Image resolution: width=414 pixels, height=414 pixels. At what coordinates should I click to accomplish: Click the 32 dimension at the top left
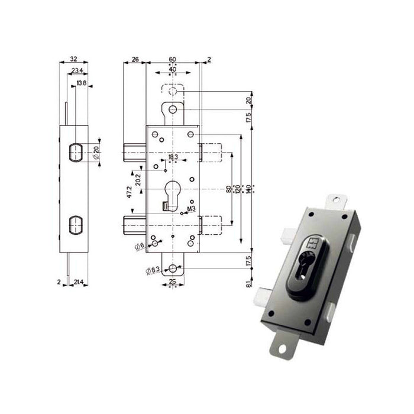coord(73,59)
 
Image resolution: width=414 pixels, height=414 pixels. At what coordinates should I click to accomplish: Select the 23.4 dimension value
coord(77,72)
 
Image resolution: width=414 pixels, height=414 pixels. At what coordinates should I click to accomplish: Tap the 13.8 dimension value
coord(82,84)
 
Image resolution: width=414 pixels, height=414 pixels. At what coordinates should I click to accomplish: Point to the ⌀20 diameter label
coord(96,153)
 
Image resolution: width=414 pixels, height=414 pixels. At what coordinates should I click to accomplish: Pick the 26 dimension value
coord(135,59)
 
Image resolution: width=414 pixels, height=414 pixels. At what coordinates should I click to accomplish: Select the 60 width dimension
coord(172,59)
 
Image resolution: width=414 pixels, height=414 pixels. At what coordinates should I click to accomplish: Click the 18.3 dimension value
coord(173,157)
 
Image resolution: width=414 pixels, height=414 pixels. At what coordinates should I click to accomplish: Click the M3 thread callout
coord(191,209)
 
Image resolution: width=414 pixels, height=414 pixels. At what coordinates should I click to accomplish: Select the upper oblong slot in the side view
coord(75,152)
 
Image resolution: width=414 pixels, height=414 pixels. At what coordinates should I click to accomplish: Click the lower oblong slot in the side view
coord(75,225)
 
